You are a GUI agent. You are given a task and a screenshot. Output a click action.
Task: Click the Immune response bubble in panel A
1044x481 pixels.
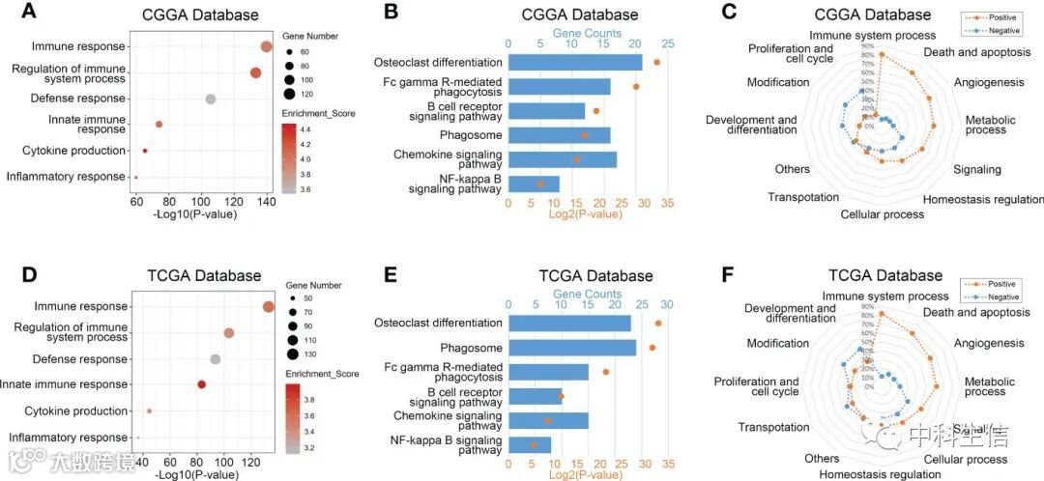pyautogui.click(x=267, y=47)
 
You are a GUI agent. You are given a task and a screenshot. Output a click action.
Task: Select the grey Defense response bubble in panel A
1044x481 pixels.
pyautogui.click(x=210, y=99)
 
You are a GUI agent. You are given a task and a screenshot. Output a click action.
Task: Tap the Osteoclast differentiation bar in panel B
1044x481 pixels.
pyautogui.click(x=574, y=62)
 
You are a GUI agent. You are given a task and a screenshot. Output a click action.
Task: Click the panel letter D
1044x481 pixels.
pyautogui.click(x=28, y=274)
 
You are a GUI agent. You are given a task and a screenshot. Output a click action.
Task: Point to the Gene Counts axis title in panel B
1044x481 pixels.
pyautogui.click(x=587, y=33)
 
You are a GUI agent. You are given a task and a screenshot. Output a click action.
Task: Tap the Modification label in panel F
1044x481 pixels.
pyautogui.click(x=777, y=343)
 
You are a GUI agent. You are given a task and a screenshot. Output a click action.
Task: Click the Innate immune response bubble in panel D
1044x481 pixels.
pyautogui.click(x=202, y=384)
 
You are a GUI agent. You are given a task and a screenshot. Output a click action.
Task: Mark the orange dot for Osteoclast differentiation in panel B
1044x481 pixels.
pyautogui.click(x=657, y=62)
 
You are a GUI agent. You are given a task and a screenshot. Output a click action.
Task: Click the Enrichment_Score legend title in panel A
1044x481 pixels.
pyautogui.click(x=320, y=113)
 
